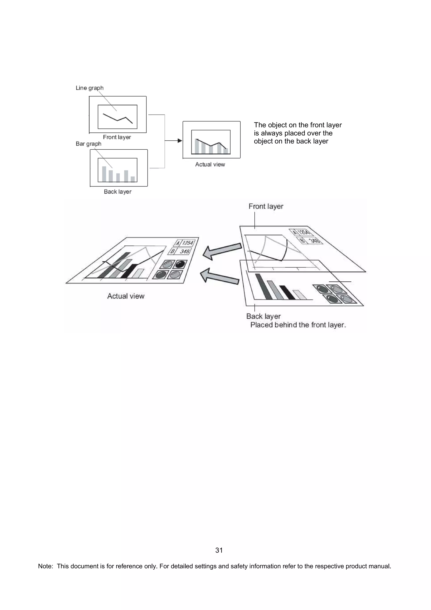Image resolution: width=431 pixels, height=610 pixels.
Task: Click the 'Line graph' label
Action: pos(89,88)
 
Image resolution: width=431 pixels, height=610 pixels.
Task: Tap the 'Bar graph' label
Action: pos(88,144)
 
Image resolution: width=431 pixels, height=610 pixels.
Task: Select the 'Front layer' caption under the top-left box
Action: pos(117,137)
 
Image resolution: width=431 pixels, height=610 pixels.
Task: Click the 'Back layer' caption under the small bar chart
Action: pos(118,192)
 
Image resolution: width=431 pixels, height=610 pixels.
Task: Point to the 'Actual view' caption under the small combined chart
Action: pos(210,164)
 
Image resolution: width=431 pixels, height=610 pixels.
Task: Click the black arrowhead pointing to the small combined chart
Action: pos(180,141)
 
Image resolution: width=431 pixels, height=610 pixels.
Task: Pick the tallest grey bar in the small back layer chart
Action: pos(104,174)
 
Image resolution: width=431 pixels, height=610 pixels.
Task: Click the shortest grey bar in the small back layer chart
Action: pos(133,179)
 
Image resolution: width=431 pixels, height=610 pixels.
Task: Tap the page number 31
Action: pos(219,550)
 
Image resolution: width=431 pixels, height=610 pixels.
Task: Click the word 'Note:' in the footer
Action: pos(45,566)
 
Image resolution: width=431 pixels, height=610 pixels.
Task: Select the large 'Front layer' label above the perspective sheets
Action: pos(266,206)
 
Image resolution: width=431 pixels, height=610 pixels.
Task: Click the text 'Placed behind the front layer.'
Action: pos(298,325)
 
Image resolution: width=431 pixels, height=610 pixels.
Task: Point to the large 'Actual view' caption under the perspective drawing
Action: pos(126,296)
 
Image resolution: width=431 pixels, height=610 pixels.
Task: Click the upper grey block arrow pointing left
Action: pos(222,251)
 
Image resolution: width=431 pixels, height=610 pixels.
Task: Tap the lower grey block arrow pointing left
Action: pos(219,277)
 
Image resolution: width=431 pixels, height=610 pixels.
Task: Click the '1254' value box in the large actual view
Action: pos(188,243)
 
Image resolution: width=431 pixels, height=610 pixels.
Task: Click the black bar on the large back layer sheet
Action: pos(287,292)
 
